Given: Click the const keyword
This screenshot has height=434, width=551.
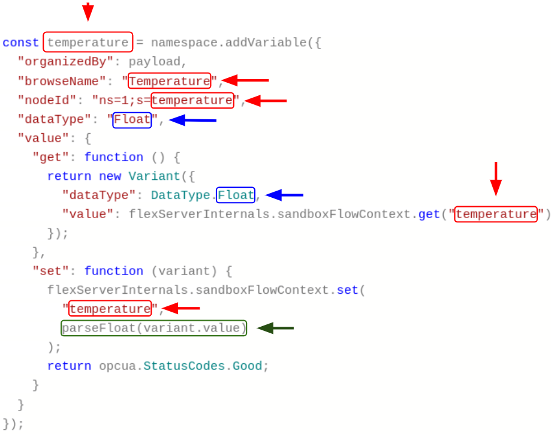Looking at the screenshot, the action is (x=20, y=43).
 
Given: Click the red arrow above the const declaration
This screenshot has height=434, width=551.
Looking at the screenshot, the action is (x=88, y=12).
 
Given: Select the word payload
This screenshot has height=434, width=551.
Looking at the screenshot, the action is (x=155, y=62).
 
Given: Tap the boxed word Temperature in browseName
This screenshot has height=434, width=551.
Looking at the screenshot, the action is (x=169, y=81).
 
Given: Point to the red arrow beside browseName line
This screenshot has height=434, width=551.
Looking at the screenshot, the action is (x=246, y=80).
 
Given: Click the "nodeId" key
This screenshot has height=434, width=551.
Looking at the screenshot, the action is (x=47, y=100).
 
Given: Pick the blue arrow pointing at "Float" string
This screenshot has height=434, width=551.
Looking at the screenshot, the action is (x=193, y=120).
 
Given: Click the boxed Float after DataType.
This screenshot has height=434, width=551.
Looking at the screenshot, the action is (x=236, y=195).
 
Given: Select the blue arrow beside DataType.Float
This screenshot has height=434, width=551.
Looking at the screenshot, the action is (x=284, y=195).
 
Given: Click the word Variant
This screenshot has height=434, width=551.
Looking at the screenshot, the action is (x=154, y=176).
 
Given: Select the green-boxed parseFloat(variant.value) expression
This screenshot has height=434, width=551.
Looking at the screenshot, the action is (x=154, y=328).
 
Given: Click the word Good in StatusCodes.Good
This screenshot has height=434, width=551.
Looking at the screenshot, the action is (x=248, y=366).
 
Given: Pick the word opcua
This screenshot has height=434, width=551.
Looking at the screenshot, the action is (x=118, y=366).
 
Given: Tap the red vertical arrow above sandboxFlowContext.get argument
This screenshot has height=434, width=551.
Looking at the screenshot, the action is (x=496, y=179).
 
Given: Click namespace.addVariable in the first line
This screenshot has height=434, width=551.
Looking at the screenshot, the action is (x=229, y=43).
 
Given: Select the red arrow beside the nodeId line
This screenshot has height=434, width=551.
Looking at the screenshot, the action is (x=266, y=101).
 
